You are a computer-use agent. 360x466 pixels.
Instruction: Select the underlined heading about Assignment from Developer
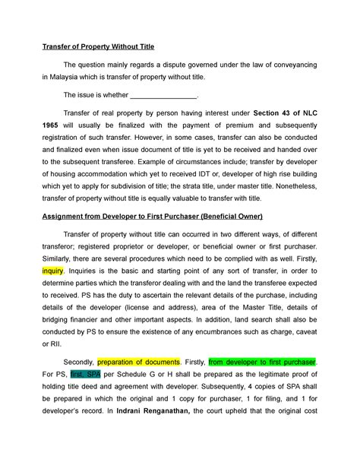152,217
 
